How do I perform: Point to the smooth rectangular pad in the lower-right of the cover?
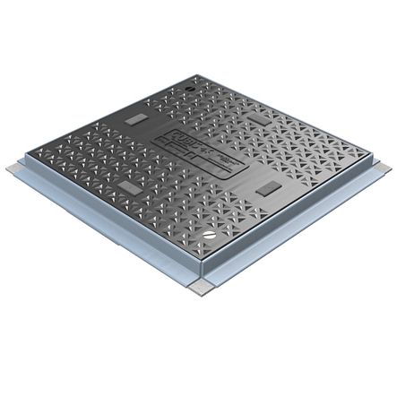[266, 192]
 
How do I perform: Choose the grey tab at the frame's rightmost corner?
[380, 168]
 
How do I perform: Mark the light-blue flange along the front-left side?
[99, 237]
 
